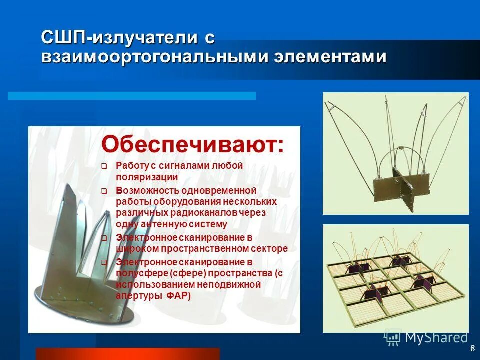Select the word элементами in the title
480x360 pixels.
(330, 56)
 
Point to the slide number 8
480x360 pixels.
(472, 348)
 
